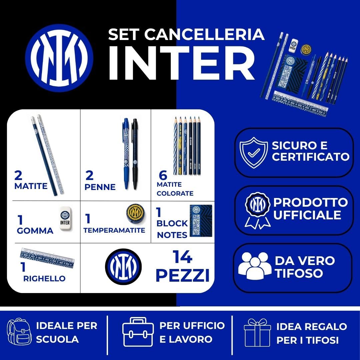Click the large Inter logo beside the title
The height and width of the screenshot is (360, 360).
(59, 58)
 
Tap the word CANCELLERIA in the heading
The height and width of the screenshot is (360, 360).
(204, 34)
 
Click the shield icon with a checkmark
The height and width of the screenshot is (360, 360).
(253, 152)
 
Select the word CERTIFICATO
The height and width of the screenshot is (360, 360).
(311, 157)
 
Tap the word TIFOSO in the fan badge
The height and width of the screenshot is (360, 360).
(299, 273)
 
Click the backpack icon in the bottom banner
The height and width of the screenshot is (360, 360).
(19, 332)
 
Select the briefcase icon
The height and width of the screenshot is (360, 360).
(138, 332)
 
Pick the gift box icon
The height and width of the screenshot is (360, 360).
(257, 332)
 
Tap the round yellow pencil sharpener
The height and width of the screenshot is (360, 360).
(135, 213)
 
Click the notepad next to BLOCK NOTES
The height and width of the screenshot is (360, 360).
(201, 220)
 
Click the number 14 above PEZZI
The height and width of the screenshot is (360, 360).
(182, 257)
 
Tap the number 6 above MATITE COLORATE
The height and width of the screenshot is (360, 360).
(163, 175)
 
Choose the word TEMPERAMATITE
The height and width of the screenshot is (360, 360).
(114, 230)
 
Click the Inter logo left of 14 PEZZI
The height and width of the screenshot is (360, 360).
(123, 266)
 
